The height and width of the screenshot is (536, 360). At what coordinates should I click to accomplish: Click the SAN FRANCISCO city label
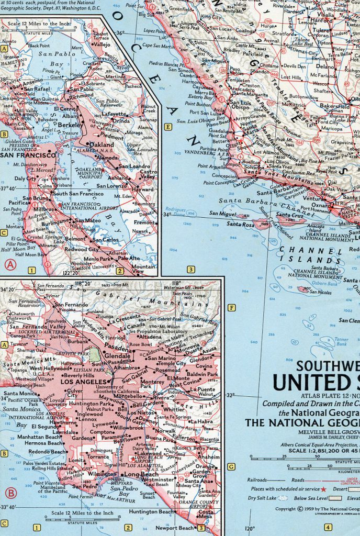click(x=28, y=155)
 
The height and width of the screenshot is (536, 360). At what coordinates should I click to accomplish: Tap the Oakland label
click(x=102, y=144)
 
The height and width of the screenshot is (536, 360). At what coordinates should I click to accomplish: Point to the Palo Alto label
click(x=128, y=258)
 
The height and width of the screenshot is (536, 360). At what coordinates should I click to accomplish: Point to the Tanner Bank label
click(x=341, y=341)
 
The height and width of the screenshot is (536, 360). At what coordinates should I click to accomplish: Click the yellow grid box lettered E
click(x=167, y=127)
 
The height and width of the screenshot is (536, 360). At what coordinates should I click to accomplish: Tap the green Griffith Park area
click(x=95, y=354)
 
